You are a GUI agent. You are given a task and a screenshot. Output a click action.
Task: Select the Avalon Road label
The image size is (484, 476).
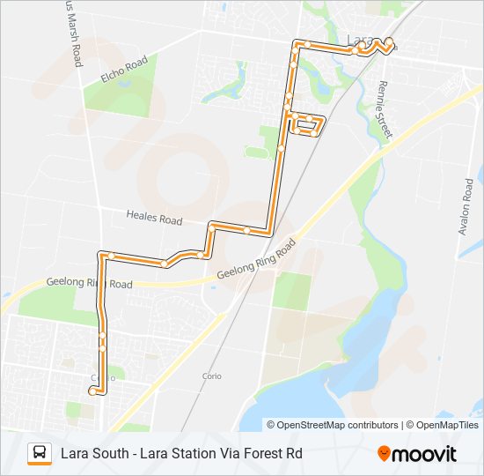pyautogui.click(x=466, y=208)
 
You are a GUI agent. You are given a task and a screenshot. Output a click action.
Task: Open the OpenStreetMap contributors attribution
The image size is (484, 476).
pyautogui.click(x=337, y=425)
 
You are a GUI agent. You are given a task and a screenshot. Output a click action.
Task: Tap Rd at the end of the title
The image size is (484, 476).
pyautogui.click(x=294, y=454)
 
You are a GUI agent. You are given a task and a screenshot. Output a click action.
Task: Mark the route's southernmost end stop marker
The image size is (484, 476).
pyautogui.click(x=92, y=390)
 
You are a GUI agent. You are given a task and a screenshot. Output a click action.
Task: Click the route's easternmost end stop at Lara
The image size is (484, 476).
pyautogui.click(x=389, y=41)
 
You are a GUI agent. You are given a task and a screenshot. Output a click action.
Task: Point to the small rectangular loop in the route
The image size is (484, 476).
pyautogui.click(x=306, y=125)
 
